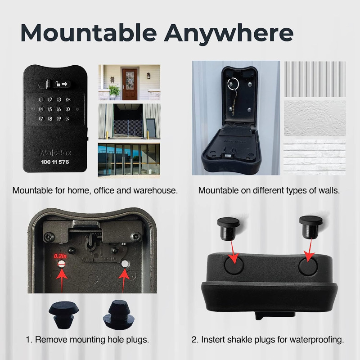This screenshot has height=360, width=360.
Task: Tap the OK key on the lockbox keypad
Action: pos(68,99)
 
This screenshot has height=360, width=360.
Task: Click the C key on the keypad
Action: pos(68,119)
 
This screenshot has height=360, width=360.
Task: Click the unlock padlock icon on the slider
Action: pos(58,84)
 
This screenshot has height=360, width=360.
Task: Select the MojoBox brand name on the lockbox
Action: pos(54,152)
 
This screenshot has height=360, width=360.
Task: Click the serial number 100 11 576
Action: pos(54,161)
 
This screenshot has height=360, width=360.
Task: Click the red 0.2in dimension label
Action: pos(59,256)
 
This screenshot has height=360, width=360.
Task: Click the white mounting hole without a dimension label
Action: pos(125,264)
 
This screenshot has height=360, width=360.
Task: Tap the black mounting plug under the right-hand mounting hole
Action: pos(117,312)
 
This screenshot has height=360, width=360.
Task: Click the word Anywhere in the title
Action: pos(229,32)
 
